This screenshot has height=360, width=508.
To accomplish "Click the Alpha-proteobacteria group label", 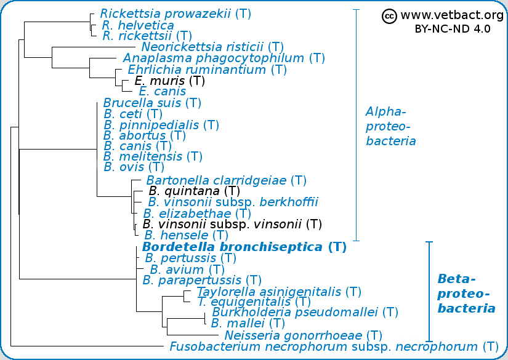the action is (391, 126).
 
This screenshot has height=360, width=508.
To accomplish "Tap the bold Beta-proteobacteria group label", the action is (466, 294).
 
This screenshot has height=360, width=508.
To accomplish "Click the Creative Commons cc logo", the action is (389, 16).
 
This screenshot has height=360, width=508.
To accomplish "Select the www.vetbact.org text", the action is (453, 15).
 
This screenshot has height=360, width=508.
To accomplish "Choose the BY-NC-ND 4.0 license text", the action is (453, 29).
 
